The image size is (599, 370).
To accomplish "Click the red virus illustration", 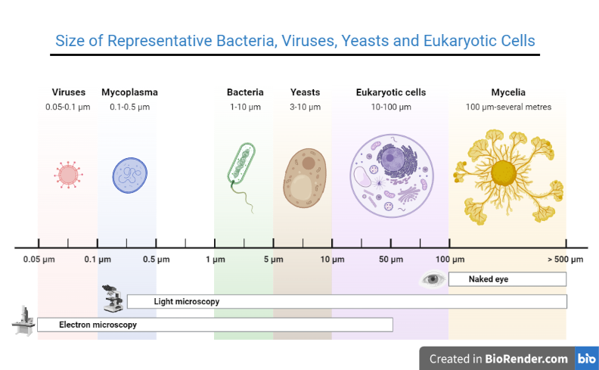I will point(67,175).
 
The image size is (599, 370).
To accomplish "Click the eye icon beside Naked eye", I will point(433,279).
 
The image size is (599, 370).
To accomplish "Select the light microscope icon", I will point(113,299).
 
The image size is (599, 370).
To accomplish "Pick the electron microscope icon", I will point(23,321).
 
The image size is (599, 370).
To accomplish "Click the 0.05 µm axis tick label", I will point(38,260).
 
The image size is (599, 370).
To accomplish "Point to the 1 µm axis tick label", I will point(215,260).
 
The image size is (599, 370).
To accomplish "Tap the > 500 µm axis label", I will point(566,260).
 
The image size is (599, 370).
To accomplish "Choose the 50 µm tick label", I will point(391,260).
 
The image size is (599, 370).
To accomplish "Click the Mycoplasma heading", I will point(129,92).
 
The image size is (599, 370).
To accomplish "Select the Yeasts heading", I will point(305,92).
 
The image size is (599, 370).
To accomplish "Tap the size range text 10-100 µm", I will point(391,107).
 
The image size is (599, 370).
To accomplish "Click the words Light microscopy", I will point(187,301).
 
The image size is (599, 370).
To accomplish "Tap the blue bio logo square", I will point(586,359).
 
